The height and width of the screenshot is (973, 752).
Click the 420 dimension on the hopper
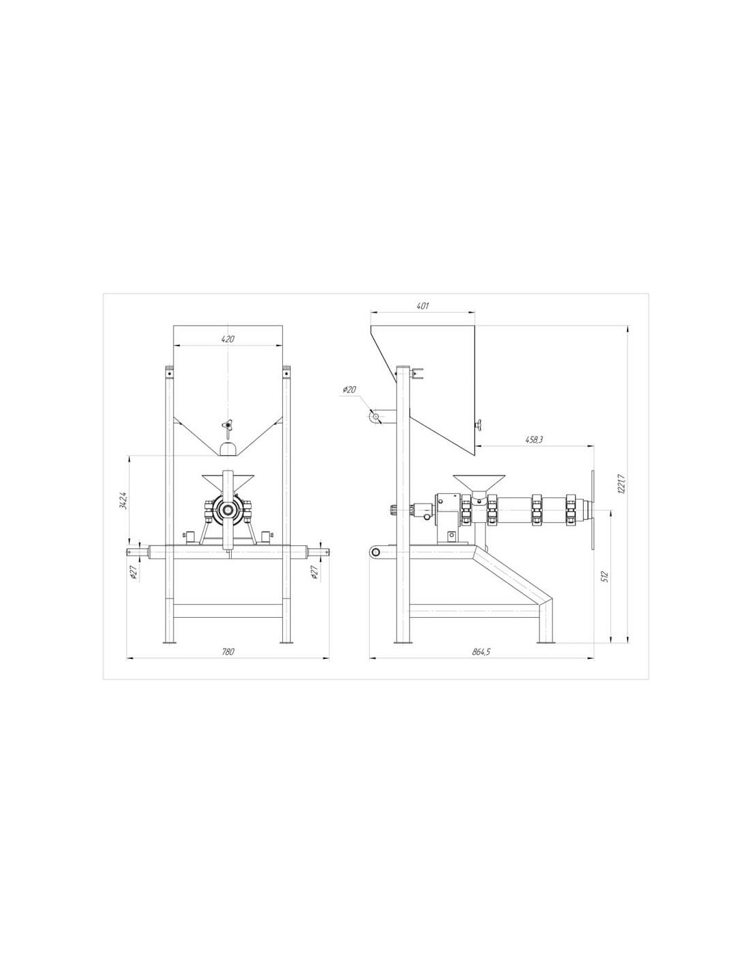pyautogui.click(x=228, y=339)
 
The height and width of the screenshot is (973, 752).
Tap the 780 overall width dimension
pyautogui.click(x=228, y=651)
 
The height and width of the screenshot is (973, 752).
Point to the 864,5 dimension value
pyautogui.click(x=481, y=651)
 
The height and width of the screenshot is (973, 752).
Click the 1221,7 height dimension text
pyautogui.click(x=621, y=484)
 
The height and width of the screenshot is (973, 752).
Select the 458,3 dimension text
pyautogui.click(x=534, y=440)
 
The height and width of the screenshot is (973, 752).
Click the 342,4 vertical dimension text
pyautogui.click(x=124, y=500)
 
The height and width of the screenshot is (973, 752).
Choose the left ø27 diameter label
pyautogui.click(x=134, y=572)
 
